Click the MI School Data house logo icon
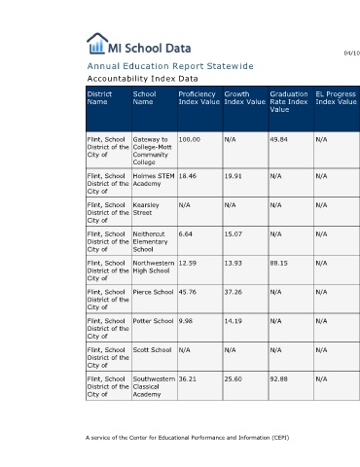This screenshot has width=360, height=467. point(97,43)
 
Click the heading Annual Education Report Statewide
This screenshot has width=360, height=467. point(170,66)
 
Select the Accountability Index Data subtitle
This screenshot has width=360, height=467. point(142,79)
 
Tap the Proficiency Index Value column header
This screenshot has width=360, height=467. point(199,98)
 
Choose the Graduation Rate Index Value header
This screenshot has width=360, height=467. point(289,102)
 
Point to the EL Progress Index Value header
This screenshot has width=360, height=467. point(337,98)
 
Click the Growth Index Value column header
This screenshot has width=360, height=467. point(245,98)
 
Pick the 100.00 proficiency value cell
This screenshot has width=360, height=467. point(190,140)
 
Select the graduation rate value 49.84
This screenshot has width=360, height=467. point(279,140)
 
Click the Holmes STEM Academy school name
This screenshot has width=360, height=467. point(154,180)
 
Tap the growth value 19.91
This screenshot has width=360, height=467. point(234,176)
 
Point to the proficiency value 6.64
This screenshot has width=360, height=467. point(186,234)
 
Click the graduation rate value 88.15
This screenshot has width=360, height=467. point(279,264)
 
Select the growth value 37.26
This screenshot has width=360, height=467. point(234,292)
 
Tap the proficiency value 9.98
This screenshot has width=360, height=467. point(186,321)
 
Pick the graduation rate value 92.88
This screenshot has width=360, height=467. point(279,379)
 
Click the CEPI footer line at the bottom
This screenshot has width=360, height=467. point(188,438)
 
